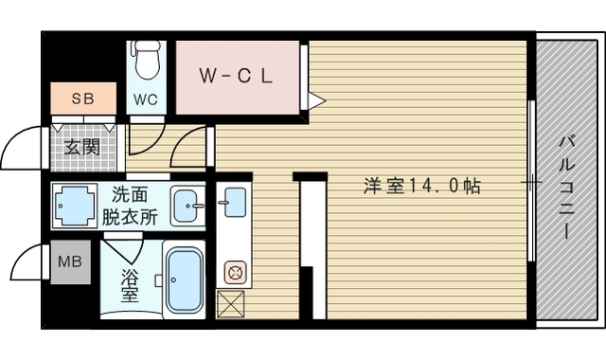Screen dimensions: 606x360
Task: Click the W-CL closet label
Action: click(236, 76)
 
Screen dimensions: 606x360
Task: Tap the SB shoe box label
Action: click(83, 99)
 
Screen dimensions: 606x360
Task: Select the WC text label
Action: click(146, 99)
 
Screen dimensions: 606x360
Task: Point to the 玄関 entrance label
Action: click(82, 148)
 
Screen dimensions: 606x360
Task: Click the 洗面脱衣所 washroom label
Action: click(131, 207)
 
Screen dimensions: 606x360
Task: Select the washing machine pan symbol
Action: click(76, 206)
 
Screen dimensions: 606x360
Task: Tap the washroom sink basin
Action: click(187, 206)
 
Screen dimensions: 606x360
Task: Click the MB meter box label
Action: click(70, 261)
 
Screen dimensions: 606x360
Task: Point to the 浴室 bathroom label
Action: click(130, 285)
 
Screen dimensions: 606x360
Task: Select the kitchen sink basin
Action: click(235, 202)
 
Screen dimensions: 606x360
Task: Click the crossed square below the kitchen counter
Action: click(230, 304)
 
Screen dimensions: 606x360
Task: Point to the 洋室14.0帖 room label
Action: click(422, 186)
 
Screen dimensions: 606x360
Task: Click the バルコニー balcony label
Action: click(567, 188)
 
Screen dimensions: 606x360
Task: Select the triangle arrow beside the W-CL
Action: click(317, 101)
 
